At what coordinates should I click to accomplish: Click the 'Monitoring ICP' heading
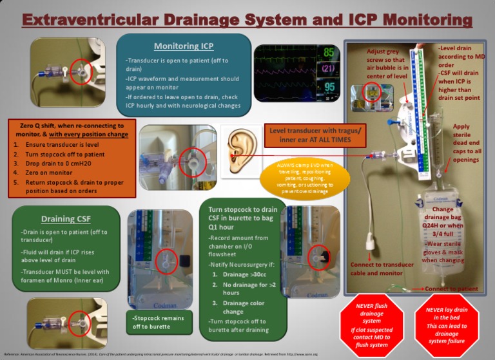[x=183, y=46]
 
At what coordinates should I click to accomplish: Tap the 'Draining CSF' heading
[x=65, y=218]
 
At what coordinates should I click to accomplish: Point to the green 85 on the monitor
[x=328, y=53]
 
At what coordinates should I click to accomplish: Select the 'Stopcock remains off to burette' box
[x=157, y=322]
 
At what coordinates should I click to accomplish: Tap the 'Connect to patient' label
[x=451, y=289]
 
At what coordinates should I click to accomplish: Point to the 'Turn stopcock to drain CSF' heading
[x=243, y=217]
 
